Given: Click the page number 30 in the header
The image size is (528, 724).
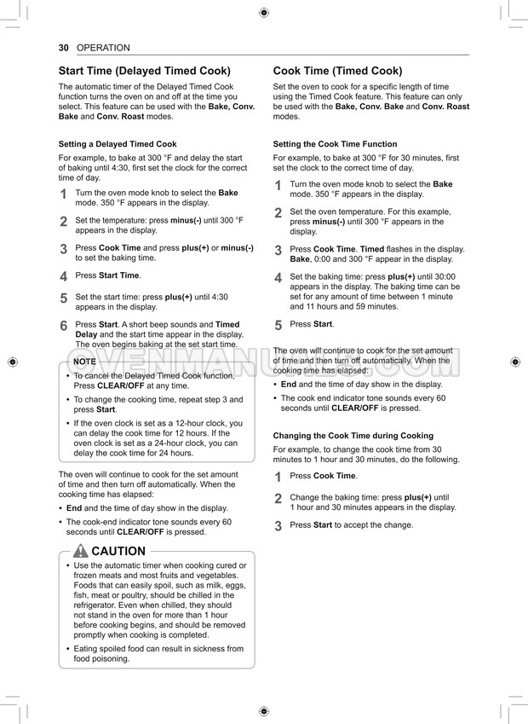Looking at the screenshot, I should tap(64, 48).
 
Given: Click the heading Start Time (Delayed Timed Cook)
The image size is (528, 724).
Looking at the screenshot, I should tap(144, 71).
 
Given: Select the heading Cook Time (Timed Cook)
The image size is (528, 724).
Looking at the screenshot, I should tap(337, 71).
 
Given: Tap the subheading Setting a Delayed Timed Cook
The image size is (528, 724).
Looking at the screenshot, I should tap(118, 144).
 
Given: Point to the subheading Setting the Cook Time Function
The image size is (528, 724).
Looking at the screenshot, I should tap(335, 144).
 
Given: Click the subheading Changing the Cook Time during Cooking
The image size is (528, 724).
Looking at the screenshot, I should tap(353, 436).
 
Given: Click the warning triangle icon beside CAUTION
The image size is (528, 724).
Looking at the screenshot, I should tap(81, 551).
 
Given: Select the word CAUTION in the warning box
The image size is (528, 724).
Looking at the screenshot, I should tap(118, 551).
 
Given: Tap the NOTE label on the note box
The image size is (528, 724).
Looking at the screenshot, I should tap(84, 362).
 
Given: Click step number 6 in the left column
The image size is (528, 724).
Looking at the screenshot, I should tap(64, 326).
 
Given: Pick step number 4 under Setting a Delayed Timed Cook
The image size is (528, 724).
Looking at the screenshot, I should tap(64, 276).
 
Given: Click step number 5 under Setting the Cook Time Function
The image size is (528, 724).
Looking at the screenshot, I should tap(278, 325).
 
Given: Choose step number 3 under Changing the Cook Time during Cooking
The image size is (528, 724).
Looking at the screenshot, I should tap(278, 526).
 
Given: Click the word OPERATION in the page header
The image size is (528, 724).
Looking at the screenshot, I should tap(103, 48).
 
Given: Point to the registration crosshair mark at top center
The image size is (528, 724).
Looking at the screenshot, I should tap(263, 12).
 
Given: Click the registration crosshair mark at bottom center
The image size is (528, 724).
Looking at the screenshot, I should tap(263, 711).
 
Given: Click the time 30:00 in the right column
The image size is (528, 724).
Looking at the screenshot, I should tap(445, 276).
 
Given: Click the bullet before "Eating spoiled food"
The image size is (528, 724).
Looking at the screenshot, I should tap(68, 649).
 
